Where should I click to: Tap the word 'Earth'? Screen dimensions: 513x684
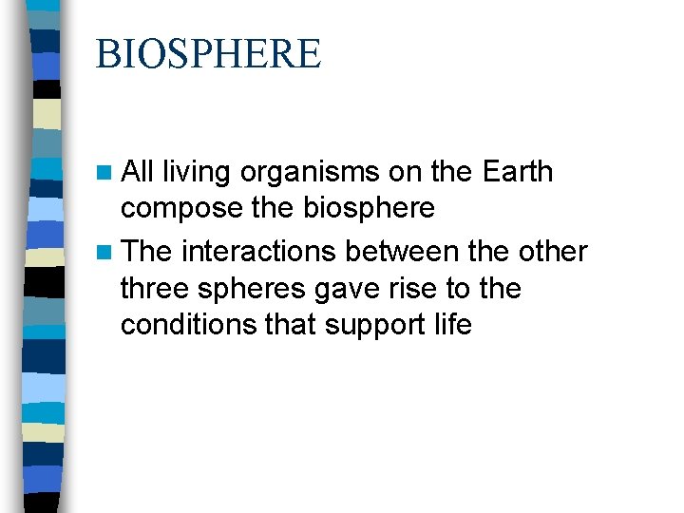pos(517,172)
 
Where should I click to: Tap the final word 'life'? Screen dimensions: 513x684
pos(451,324)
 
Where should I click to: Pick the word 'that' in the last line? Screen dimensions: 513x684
pos(292,324)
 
